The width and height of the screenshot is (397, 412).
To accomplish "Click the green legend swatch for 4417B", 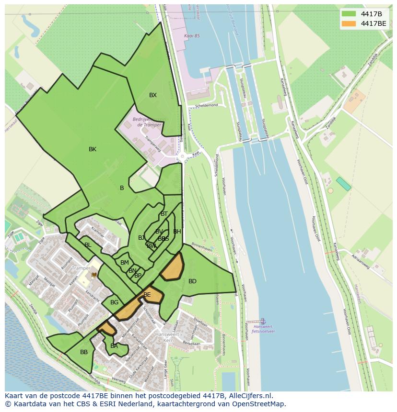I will pos(349,13).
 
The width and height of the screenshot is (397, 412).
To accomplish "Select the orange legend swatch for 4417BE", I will pos(349,23).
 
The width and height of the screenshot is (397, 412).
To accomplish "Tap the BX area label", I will pos(152,95).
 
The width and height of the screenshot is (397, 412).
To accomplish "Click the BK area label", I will pos(93,149).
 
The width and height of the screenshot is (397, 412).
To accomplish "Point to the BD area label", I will pos(192,281).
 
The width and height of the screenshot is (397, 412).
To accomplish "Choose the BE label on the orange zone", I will pos(147,295).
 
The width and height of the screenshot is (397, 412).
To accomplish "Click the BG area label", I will pos(114,302).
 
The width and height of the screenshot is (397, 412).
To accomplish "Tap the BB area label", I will pos(84,352).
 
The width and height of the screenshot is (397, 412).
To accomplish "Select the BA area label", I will pos(114,346).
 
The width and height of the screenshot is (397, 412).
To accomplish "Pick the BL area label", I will pos(88,245).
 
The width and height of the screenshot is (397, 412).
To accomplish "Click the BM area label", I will pos(125,263).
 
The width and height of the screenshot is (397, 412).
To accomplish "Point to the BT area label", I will pos(164,214).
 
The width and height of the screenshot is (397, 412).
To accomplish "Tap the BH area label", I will pos(177,232).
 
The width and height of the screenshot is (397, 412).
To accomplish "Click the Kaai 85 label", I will pos(191,36).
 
